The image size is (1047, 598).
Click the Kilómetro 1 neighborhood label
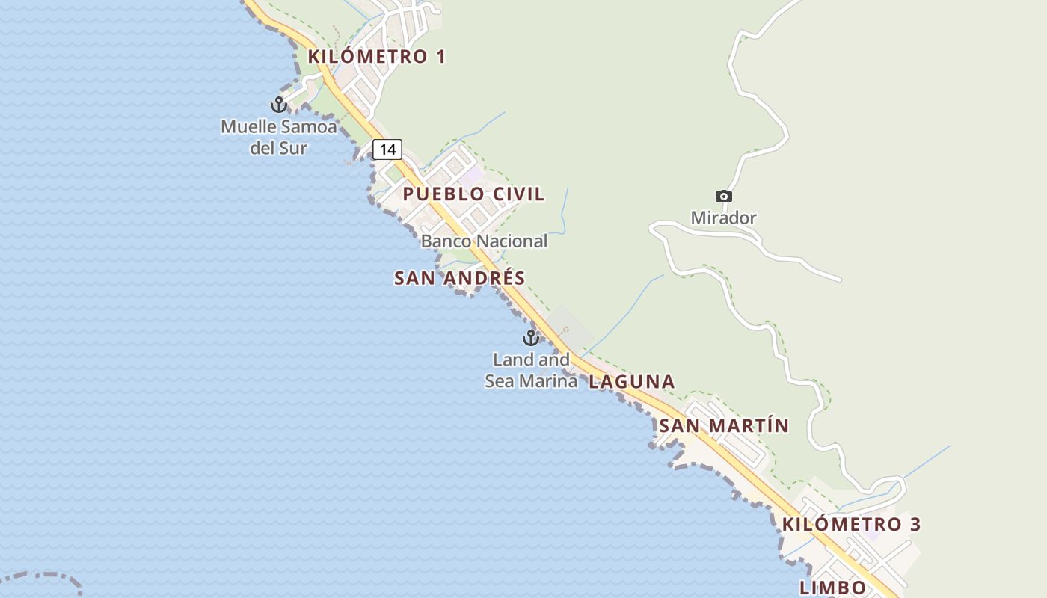[x=376, y=57]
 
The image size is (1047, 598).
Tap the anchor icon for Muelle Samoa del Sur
[x=279, y=105]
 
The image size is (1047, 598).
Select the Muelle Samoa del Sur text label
[x=278, y=138]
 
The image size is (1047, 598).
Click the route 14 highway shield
[x=387, y=149]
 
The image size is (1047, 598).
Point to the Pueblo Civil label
[x=473, y=194]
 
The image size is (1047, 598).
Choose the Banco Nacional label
[x=484, y=241]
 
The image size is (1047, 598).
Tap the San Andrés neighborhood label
[x=459, y=278]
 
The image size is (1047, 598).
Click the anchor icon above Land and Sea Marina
[x=531, y=338]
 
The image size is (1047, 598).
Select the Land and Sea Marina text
[x=531, y=371]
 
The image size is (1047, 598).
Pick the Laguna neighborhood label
[x=631, y=382]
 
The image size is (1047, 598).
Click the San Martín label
[x=723, y=426]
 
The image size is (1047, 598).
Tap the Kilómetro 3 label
[x=851, y=524]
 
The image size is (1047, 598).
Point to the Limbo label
[x=832, y=588]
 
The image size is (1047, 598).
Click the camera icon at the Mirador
[x=723, y=197]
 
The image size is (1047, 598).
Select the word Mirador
[x=723, y=218]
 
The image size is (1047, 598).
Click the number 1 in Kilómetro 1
[x=440, y=57]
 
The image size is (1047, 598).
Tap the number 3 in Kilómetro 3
[x=915, y=524]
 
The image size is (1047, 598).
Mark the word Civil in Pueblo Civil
[x=518, y=194]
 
